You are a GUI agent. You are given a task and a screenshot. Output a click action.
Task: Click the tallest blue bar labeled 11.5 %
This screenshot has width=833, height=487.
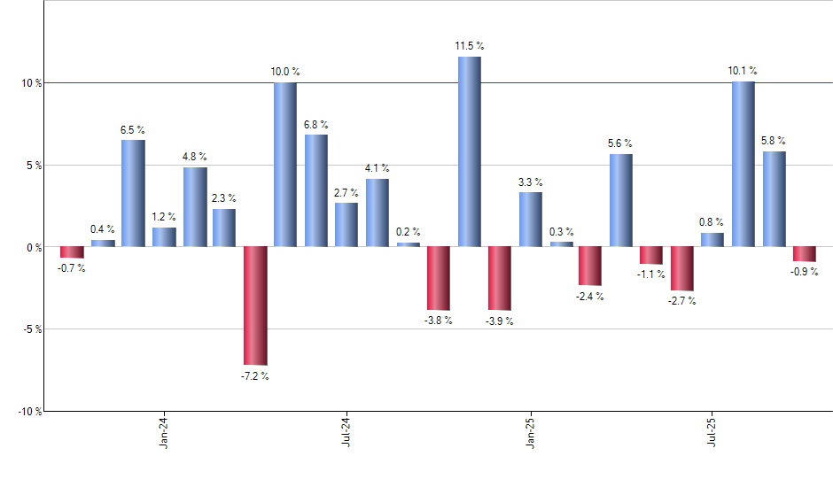point(470,151)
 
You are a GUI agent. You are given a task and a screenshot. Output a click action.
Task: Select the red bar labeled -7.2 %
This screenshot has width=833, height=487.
point(255,305)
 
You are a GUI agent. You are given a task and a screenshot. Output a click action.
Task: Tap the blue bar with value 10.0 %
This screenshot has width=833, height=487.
point(285,165)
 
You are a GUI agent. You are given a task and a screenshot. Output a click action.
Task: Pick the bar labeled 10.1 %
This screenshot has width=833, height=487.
point(743,164)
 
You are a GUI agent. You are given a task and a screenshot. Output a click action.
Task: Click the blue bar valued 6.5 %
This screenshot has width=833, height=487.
point(133,193)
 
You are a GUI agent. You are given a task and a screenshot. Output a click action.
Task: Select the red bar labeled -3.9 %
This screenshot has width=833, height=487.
point(500,278)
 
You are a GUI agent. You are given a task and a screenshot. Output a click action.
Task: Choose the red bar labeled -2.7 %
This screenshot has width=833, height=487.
point(682,268)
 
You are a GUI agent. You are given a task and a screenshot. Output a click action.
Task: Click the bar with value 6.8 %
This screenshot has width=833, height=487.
point(316,190)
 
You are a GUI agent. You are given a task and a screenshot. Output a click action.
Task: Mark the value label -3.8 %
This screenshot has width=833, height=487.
point(439,320)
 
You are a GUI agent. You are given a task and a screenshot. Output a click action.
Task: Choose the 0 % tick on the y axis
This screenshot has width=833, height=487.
point(33,247)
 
